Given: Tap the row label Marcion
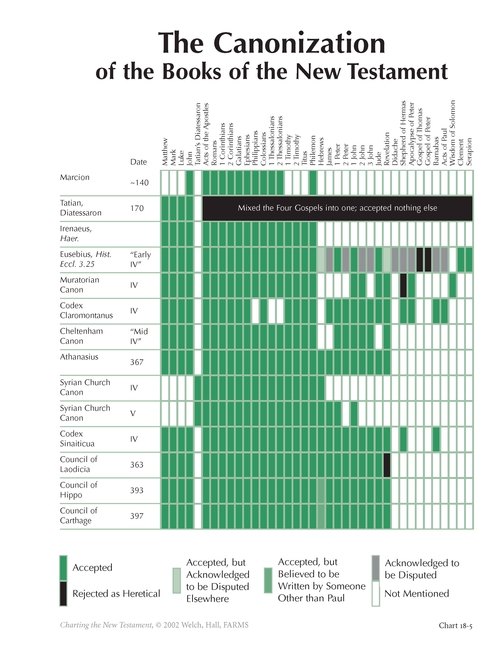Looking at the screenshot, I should click(x=75, y=177).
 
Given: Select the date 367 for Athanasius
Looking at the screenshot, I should click(x=137, y=362).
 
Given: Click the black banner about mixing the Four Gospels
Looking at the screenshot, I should click(x=337, y=208).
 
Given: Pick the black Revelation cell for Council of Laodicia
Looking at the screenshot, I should click(x=387, y=465).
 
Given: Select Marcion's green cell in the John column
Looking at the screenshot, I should click(x=190, y=182).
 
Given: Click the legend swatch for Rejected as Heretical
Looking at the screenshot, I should click(x=63, y=593).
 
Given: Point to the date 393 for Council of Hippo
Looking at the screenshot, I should click(x=137, y=490).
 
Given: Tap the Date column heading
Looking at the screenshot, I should click(x=138, y=162).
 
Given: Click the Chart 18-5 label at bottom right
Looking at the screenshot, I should click(x=455, y=625).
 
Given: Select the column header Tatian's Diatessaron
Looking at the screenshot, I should click(x=198, y=134).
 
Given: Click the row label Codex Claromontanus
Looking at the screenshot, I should click(x=86, y=311).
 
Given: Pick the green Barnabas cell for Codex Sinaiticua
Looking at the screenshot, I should click(x=436, y=439).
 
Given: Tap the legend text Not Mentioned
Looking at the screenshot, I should click(x=416, y=593).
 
